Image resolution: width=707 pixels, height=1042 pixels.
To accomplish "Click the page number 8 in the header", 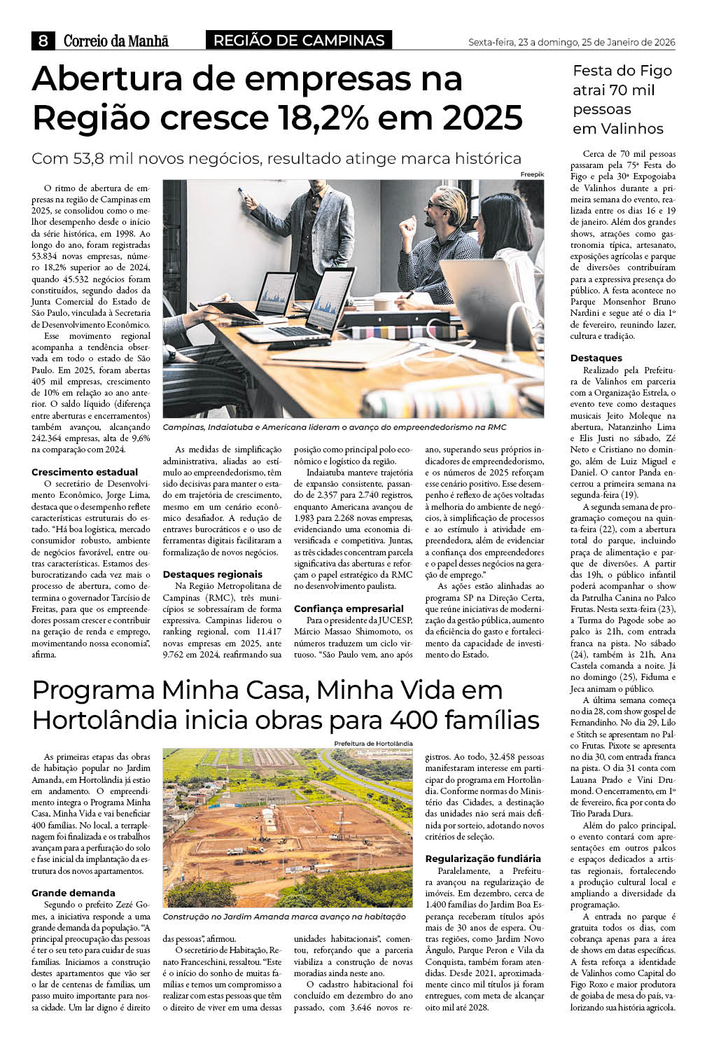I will pos(43,41).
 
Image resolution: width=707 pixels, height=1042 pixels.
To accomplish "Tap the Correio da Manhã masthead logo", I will pos(116,41).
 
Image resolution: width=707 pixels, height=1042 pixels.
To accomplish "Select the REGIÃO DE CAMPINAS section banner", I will pos(299,41).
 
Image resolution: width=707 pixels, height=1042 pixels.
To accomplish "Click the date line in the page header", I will pos(571,42).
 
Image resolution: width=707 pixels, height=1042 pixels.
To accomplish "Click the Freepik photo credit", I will pos(531,174).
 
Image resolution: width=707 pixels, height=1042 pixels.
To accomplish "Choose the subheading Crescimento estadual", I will pos(85,472).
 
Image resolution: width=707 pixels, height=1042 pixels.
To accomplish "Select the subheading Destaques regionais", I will pos(213,574).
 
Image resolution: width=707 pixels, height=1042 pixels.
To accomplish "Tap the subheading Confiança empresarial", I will pos(349,609).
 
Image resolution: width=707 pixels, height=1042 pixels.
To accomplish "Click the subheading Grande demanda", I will pos(73,893).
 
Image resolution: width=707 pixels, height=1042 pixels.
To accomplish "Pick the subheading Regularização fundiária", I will pos(483,859).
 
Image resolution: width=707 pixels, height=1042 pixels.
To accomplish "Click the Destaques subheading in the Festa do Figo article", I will pos(596,358).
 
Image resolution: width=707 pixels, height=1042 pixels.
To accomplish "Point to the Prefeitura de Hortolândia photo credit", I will pos(373,743).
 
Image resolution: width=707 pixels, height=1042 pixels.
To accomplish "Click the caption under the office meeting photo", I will pos(334,427).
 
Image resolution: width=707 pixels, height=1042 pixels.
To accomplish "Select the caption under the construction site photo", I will pos(283,917).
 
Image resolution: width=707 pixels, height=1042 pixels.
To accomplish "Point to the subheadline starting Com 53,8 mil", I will pos(276,158).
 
